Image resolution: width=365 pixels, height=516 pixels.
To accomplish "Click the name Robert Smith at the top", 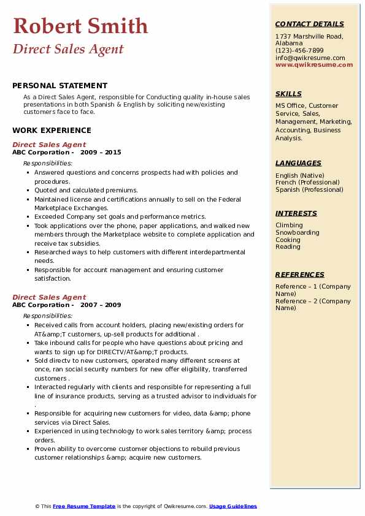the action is pos(80,26).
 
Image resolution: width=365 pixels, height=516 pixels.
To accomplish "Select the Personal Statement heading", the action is pos(60,86).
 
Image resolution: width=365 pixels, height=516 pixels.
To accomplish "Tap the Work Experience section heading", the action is pos(52,130).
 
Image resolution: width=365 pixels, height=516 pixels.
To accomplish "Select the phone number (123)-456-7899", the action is pos(299,51).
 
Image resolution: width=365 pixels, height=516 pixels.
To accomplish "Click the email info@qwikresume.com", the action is pos(310,58).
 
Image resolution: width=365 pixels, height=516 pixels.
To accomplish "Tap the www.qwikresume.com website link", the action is pos(314,64).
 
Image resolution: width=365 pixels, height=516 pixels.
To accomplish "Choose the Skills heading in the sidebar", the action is pos(288,94).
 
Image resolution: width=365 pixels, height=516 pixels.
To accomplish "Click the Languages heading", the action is pos(298,163).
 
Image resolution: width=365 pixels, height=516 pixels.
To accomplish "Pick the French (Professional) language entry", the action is pos(307,183).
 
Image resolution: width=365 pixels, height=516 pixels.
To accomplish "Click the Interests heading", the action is pos(296,213).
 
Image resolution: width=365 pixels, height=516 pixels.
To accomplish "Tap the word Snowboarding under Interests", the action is pos(298,233).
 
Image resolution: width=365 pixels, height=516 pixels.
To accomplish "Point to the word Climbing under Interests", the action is pos(289,226).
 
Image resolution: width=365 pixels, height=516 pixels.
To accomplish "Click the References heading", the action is pos(299,275).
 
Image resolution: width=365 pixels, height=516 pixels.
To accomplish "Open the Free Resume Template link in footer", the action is pos(84,506).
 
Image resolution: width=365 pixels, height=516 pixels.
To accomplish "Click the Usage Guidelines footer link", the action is pos(232,506).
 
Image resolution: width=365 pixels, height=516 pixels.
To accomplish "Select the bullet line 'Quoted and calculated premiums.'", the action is pos(86,191).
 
